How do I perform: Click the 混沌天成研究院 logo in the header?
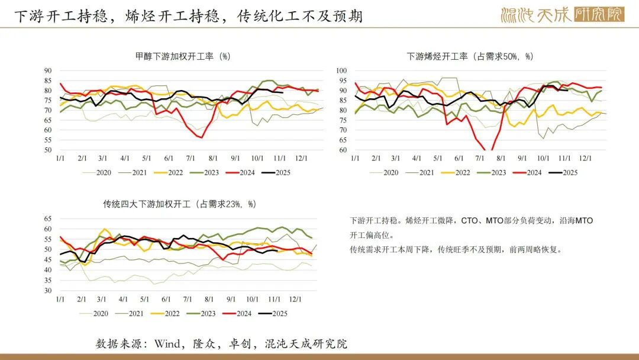click(x=562, y=14)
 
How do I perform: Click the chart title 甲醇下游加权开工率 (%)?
click(x=183, y=57)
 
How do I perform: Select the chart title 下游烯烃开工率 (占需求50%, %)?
click(x=470, y=57)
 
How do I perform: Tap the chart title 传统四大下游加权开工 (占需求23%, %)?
click(x=180, y=204)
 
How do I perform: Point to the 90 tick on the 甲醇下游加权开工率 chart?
click(x=47, y=70)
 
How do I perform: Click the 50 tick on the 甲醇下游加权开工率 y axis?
click(x=47, y=150)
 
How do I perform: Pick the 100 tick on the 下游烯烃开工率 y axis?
click(x=341, y=70)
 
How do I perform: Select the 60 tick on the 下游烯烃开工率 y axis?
click(x=342, y=150)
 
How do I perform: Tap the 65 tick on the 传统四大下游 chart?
click(x=47, y=218)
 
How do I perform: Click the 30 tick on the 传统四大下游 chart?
click(x=47, y=291)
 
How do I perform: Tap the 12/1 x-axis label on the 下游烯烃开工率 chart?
click(x=586, y=159)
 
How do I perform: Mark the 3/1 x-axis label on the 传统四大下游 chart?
click(x=102, y=299)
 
